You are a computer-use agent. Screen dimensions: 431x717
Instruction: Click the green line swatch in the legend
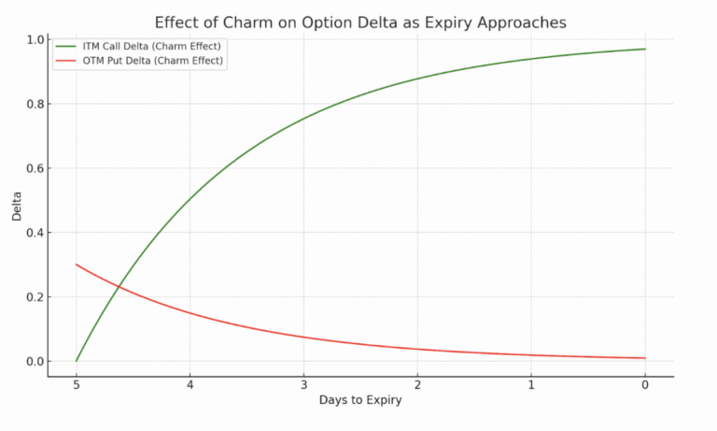(x=66, y=46)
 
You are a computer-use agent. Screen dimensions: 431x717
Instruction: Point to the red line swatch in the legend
(x=66, y=61)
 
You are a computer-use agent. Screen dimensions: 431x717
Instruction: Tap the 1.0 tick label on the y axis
(x=35, y=40)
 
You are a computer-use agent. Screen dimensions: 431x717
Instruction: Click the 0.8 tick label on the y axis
(x=35, y=105)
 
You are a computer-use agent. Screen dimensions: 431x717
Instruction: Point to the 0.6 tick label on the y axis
(x=35, y=168)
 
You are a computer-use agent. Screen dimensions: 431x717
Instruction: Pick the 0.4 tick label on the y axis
(x=35, y=233)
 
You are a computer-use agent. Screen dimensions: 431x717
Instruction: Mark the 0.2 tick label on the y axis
(x=35, y=297)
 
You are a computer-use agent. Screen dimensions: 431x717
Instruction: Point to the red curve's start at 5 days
(x=77, y=265)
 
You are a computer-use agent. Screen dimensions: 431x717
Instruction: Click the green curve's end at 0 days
(x=644, y=49)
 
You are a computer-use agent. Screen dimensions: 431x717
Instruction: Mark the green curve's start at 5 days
(x=77, y=360)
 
